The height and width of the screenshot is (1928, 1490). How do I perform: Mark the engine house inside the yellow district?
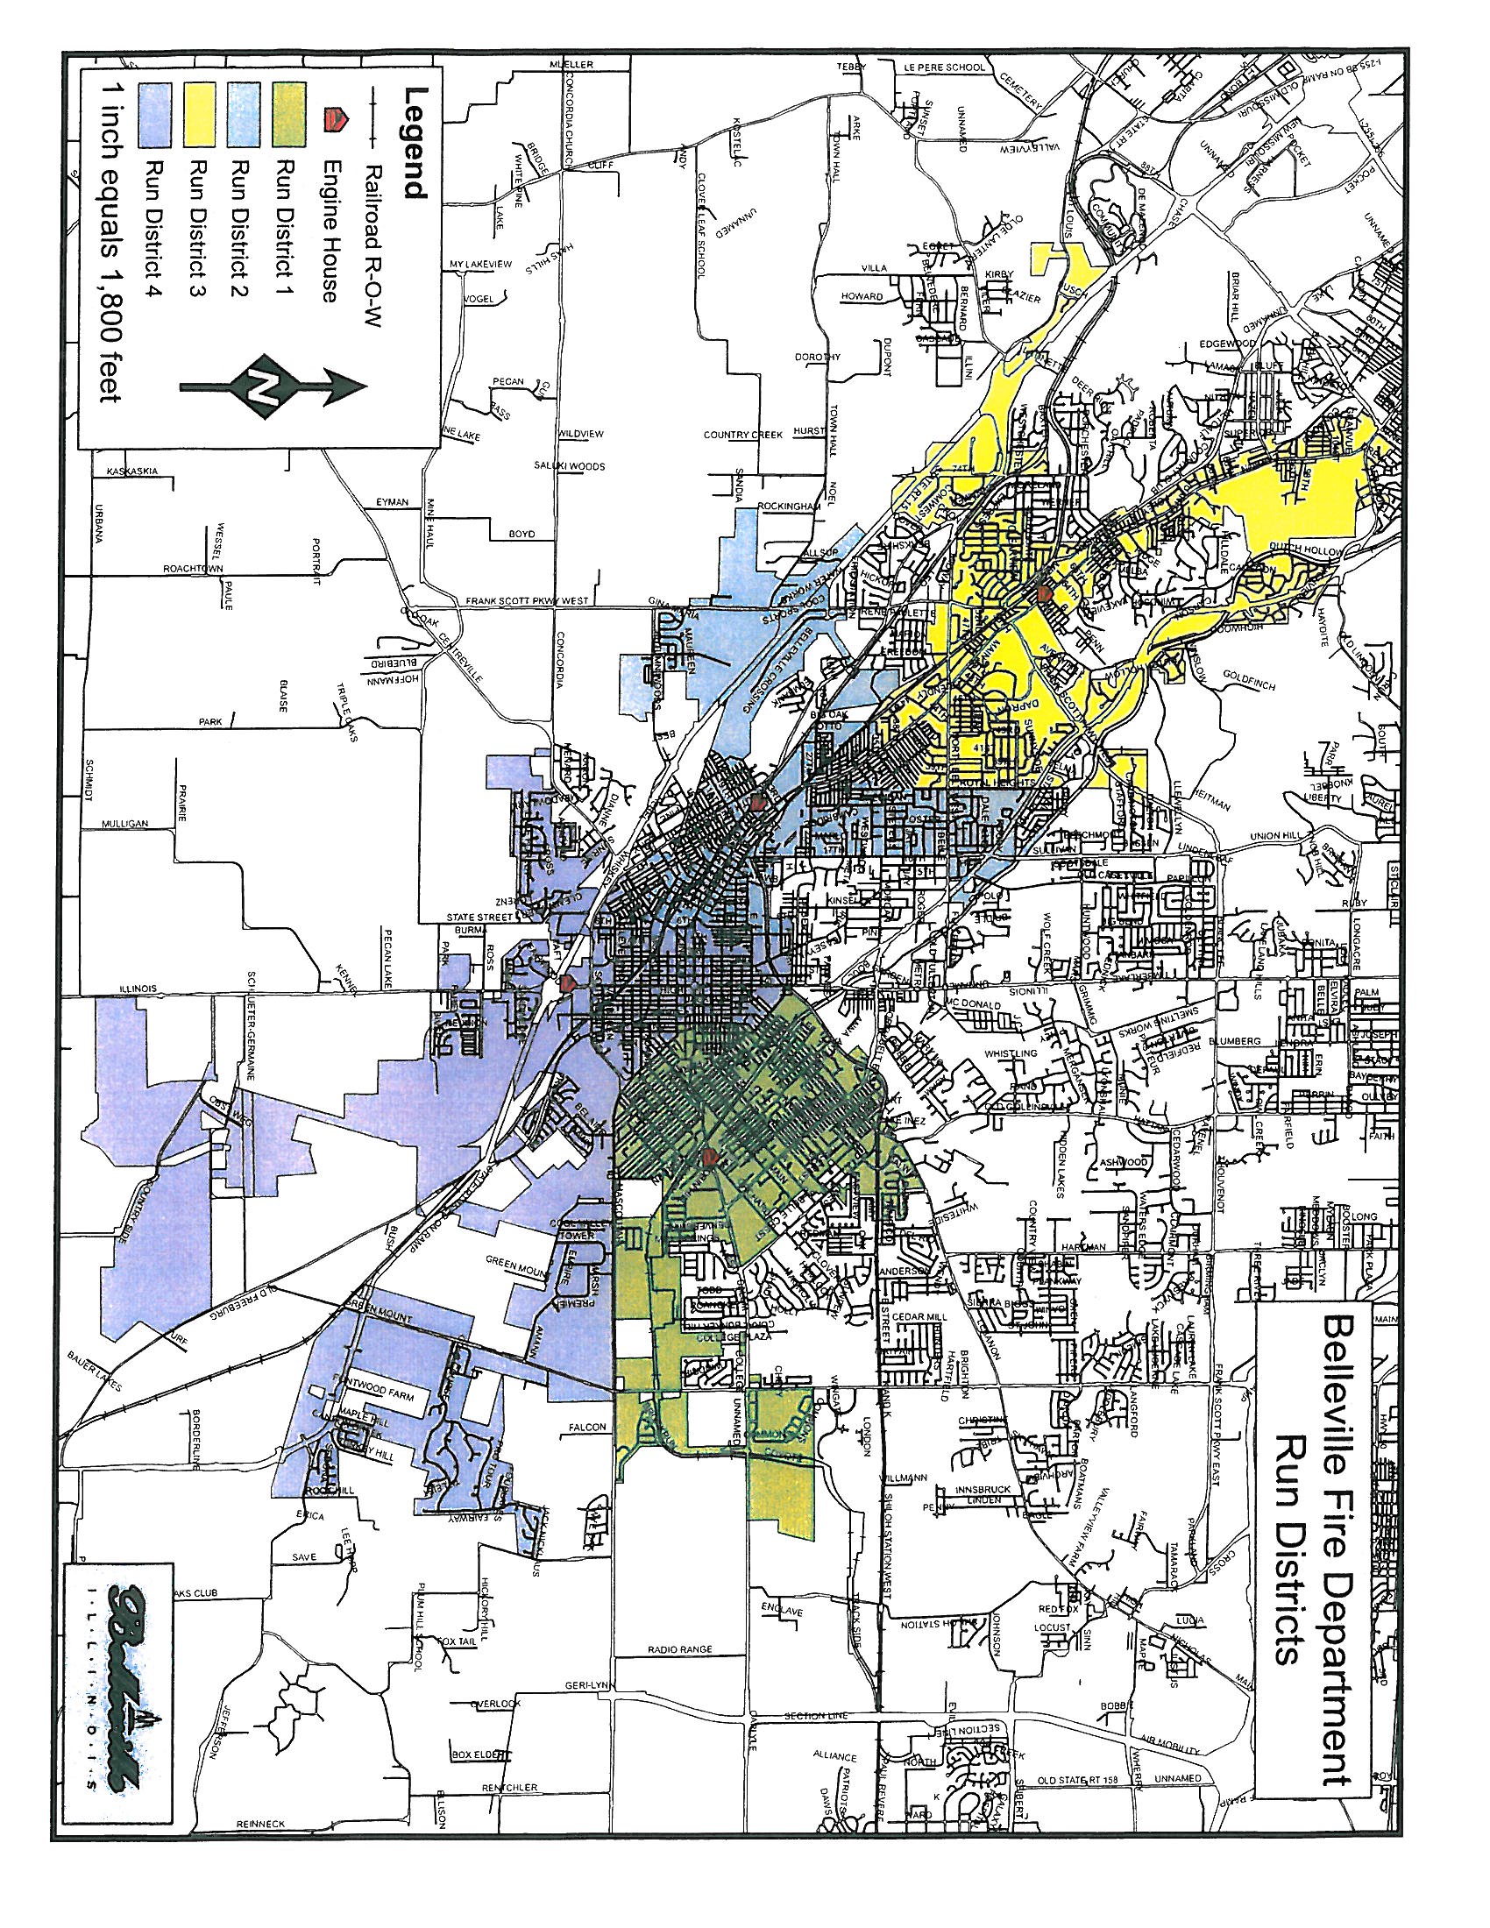[x=1044, y=592]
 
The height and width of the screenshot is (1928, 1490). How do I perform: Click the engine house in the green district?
[x=709, y=1157]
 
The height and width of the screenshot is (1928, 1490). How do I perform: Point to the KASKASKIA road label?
[x=131, y=471]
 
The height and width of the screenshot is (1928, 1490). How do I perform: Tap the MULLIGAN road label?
[x=124, y=823]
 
